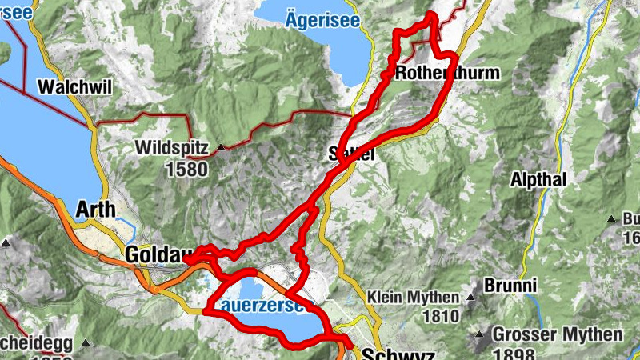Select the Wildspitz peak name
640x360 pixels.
coord(174,148)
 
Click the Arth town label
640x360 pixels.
coord(94,210)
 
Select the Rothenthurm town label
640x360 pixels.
coord(447,74)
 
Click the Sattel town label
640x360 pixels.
coord(352,154)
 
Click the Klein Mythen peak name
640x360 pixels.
coord(413,298)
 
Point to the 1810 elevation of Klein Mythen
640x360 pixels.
coord(440,315)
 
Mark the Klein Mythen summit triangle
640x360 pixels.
coord(471,298)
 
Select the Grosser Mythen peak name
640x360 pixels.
coord(558,334)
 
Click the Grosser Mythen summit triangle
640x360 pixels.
coord(480,334)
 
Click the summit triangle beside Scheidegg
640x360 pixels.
coord(85,343)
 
